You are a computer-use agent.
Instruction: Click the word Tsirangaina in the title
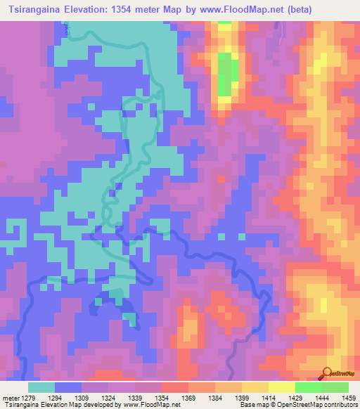point(36,9)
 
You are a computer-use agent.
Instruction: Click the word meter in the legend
point(8,397)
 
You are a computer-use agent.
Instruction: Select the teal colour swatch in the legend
point(41,387)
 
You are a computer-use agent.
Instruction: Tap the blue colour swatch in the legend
point(68,387)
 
